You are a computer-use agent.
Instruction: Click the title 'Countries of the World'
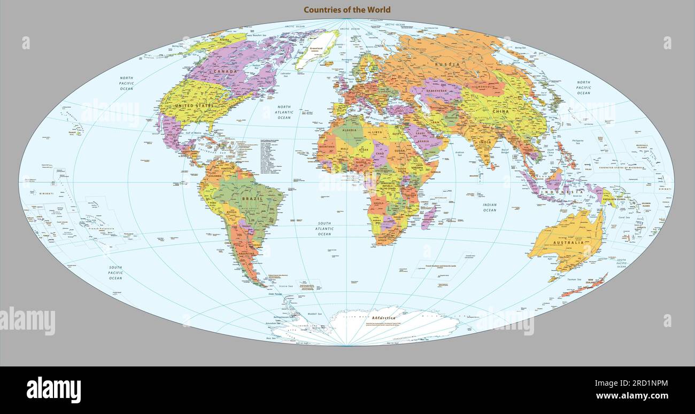click(347, 10)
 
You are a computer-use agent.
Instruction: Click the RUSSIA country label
click(447, 65)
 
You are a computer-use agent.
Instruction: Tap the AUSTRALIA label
click(568, 243)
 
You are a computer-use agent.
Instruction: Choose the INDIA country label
click(485, 143)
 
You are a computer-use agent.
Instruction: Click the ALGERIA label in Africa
click(349, 130)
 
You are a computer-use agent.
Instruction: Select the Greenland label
click(316, 49)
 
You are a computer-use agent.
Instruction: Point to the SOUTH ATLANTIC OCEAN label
click(325, 229)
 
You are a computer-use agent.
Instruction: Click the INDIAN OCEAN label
click(490, 207)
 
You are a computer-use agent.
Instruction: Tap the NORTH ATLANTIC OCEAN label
click(284, 112)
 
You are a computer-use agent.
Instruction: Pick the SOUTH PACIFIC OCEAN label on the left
click(115, 272)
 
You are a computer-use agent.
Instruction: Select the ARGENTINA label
click(246, 253)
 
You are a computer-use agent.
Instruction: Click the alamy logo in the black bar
click(53, 389)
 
